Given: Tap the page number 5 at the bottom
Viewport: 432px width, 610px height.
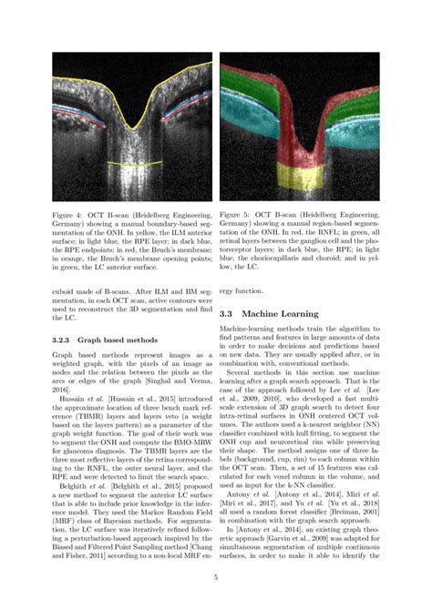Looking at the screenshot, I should click(x=215, y=577).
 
